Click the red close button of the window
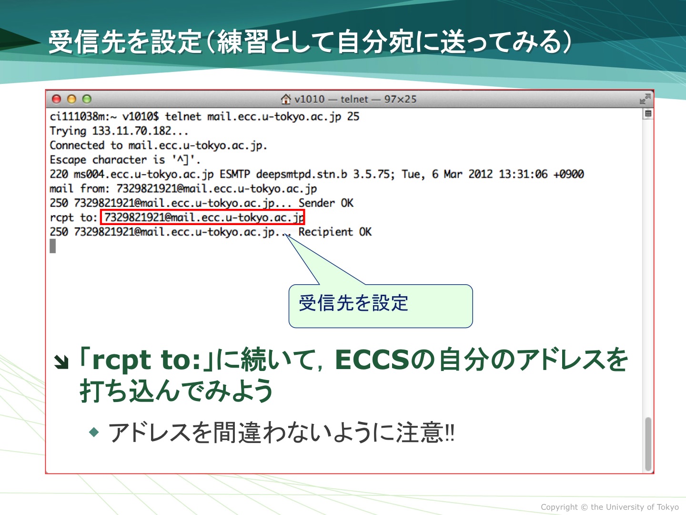coord(56,99)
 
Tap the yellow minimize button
coord(71,99)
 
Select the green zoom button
coord(87,99)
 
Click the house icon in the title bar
coord(286,99)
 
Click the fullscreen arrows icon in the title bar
coord(645,99)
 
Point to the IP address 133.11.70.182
coord(131,131)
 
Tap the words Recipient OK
coord(335,232)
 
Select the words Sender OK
coord(326,203)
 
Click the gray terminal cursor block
coord(52,246)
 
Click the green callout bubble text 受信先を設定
coord(353,303)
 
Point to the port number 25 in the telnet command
coord(353,117)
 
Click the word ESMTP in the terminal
coord(235,174)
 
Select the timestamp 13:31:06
coord(523,174)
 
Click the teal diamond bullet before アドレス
coord(94,433)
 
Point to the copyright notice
coord(610,507)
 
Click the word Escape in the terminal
coord(68,160)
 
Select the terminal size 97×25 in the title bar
coord(400,100)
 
